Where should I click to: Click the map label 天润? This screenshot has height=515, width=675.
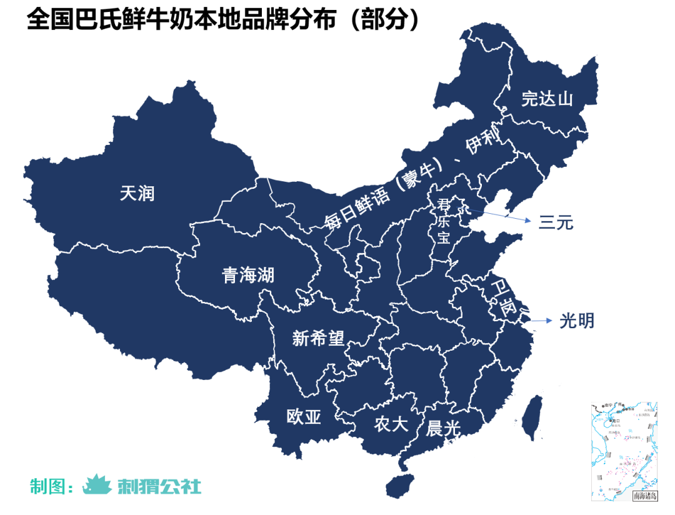tap(137, 194)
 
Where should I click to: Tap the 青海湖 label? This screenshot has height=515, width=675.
tap(248, 275)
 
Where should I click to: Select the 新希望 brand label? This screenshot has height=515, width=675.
tap(318, 339)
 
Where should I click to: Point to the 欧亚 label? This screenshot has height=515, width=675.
tap(304, 417)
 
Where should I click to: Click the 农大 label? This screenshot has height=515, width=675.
tap(391, 424)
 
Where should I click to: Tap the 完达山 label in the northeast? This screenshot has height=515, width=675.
tap(547, 99)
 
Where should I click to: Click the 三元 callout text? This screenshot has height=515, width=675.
tap(556, 222)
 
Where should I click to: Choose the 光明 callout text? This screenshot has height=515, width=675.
tap(576, 321)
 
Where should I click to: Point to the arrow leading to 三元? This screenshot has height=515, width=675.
tap(500, 216)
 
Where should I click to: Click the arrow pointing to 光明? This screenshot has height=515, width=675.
tap(541, 321)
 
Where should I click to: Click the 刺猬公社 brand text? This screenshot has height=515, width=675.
tap(159, 486)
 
